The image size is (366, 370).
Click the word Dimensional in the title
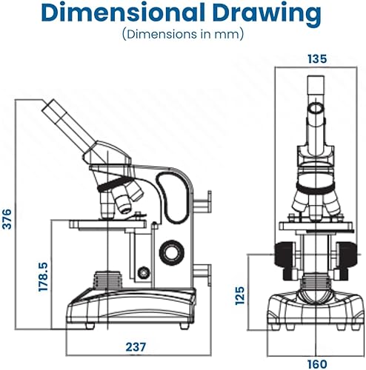pyautogui.click(x=123, y=12)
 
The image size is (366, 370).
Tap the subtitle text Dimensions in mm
pyautogui.click(x=183, y=34)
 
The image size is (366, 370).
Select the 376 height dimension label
pyautogui.click(x=7, y=219)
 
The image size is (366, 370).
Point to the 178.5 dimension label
pyautogui.click(x=43, y=277)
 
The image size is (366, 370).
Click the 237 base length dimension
pyautogui.click(x=136, y=347)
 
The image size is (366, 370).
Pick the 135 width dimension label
pyautogui.click(x=317, y=58)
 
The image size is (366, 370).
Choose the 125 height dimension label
pyautogui.click(x=239, y=295)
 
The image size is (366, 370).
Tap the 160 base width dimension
pyautogui.click(x=317, y=364)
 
